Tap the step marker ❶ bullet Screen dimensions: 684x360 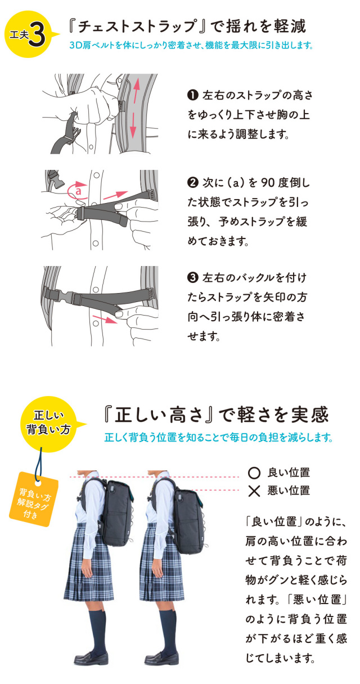pos(191,95)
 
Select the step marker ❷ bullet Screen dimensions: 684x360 pos(191,184)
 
